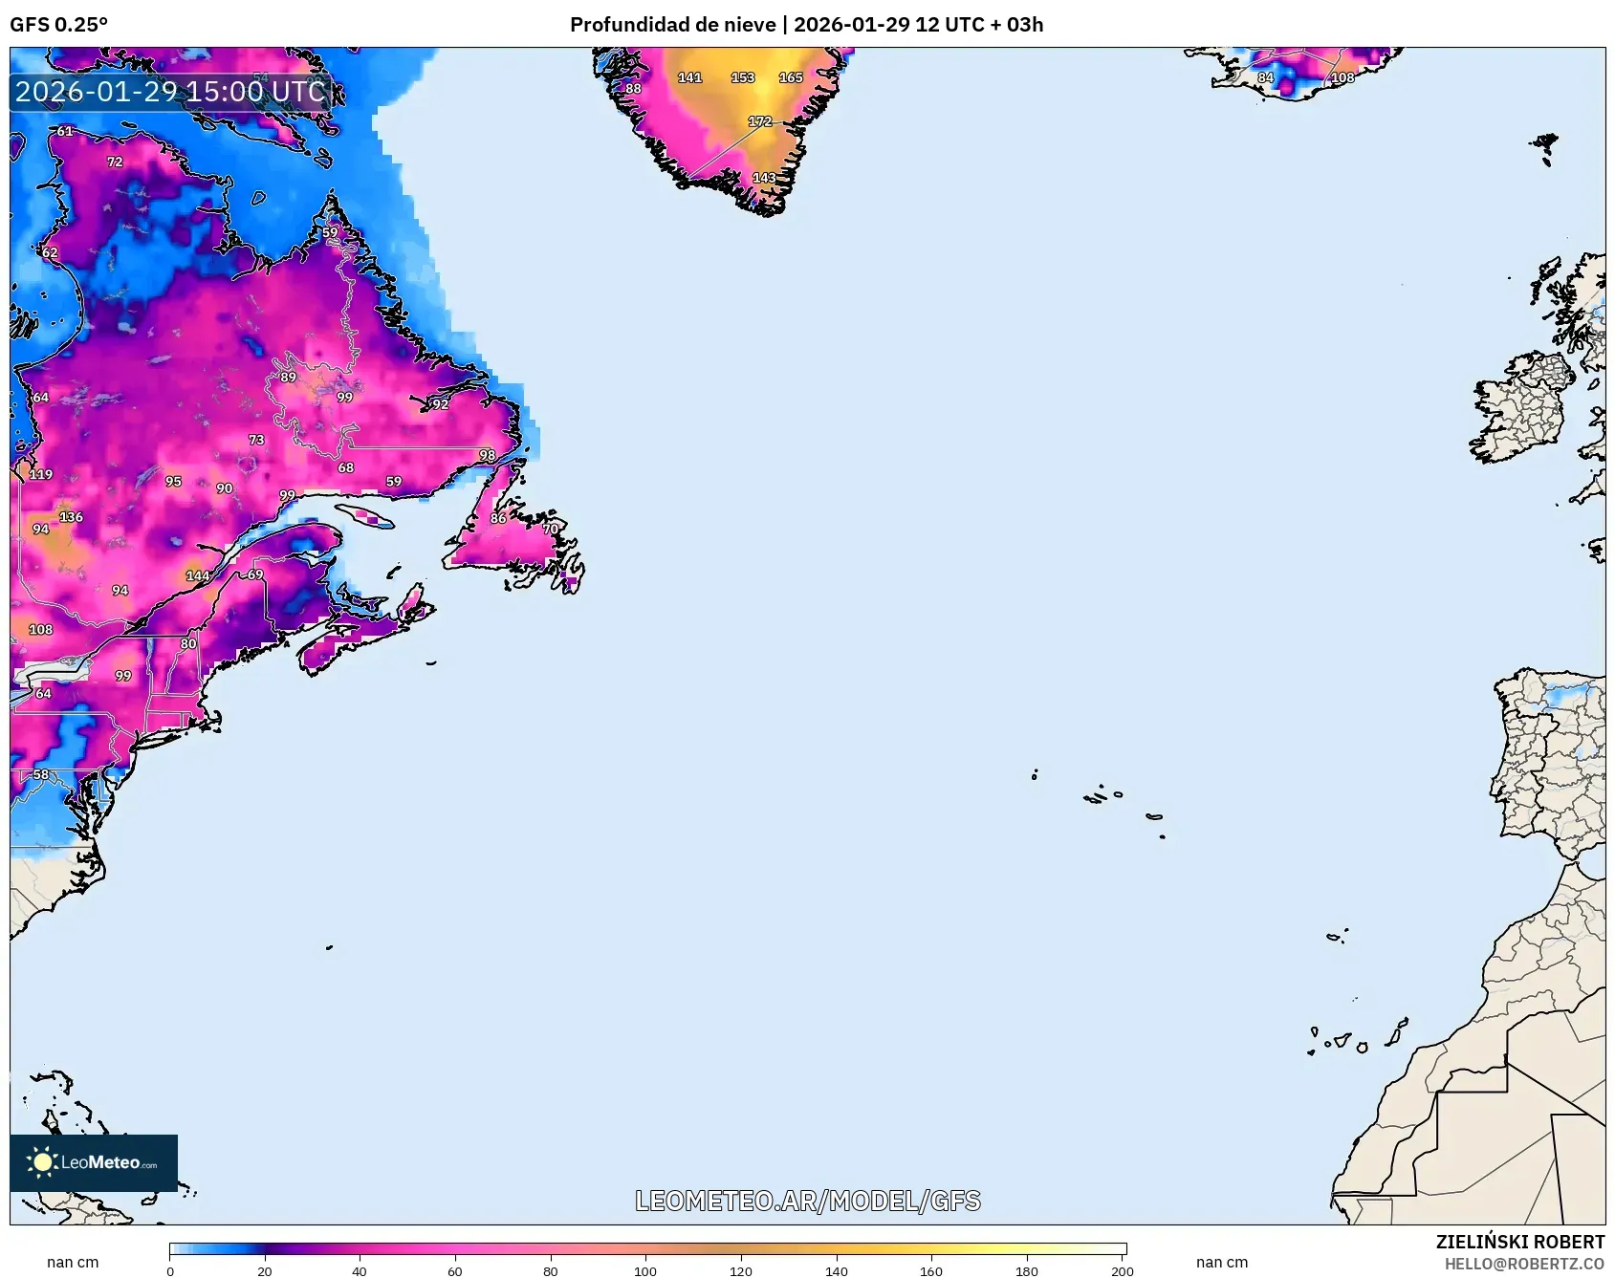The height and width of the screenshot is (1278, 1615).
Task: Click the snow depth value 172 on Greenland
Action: click(760, 121)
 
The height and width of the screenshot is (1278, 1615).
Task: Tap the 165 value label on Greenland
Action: click(791, 77)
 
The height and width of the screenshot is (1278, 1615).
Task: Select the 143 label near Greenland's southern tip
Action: click(764, 178)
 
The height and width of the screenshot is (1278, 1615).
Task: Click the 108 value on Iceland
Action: click(1342, 77)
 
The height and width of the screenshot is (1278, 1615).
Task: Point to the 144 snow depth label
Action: click(198, 575)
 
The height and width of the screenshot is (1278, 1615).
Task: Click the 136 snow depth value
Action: click(72, 517)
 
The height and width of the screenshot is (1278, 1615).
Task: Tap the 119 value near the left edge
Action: click(41, 474)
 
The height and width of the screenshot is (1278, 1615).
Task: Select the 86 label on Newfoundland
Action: click(498, 518)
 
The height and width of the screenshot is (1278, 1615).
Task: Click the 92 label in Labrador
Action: click(441, 404)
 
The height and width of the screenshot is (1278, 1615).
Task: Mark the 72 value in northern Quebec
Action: click(115, 162)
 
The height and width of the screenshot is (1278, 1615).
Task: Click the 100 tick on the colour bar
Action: click(645, 1270)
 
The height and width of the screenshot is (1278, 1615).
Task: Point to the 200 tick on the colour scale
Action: click(1123, 1270)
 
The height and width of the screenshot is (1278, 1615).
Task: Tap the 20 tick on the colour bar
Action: click(265, 1270)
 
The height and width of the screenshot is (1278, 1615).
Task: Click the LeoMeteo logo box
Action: click(94, 1162)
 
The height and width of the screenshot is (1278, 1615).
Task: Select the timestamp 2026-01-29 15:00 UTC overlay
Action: click(170, 92)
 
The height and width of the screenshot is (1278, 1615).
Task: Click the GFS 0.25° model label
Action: click(59, 24)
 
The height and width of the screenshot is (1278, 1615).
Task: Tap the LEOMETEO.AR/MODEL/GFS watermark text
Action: click(808, 1201)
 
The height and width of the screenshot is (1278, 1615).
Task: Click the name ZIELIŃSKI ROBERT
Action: click(1519, 1242)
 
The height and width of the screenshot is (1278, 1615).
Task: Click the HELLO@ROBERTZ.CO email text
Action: click(1524, 1264)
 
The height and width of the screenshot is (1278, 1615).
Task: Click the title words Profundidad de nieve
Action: click(672, 24)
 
